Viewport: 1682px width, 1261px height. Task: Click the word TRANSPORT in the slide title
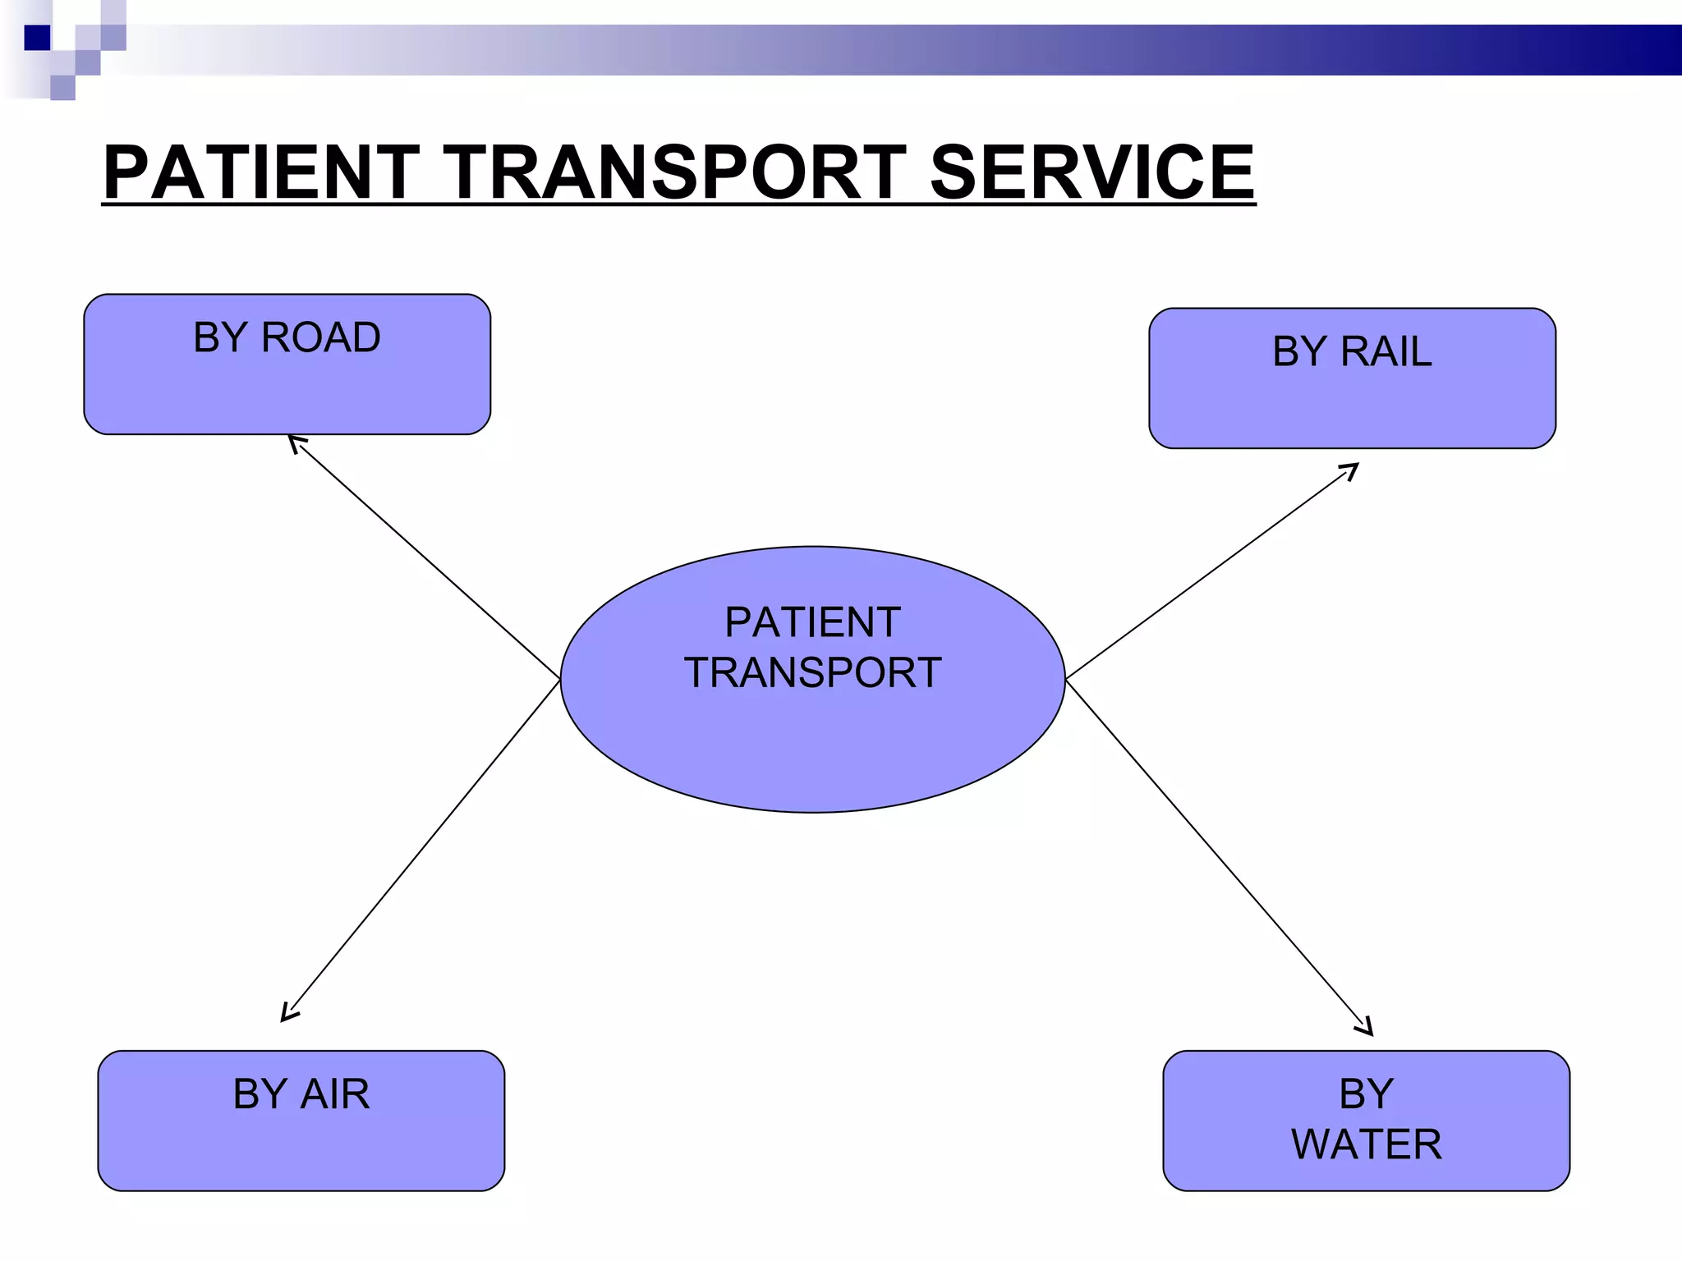tap(674, 172)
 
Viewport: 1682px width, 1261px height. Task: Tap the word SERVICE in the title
tap(1091, 172)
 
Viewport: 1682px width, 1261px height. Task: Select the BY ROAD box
tap(287, 386)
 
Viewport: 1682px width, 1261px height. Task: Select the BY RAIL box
tap(1352, 402)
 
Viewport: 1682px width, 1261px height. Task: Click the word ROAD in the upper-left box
tap(321, 337)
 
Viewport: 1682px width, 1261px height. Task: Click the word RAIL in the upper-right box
tap(1386, 352)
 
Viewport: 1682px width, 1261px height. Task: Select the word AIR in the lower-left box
tap(335, 1094)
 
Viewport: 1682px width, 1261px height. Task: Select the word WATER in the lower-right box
tap(1367, 1144)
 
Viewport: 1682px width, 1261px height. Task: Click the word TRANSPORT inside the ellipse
tap(812, 673)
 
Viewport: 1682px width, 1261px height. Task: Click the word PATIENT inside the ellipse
tap(812, 622)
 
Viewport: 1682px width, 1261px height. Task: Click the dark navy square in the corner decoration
tap(37, 38)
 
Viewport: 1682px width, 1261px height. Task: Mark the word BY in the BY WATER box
tap(1367, 1094)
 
